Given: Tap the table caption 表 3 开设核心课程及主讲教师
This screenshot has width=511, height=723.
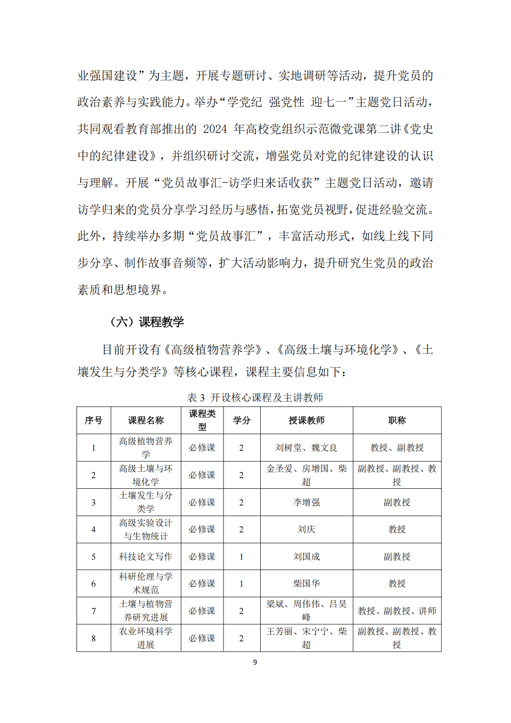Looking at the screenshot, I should [255, 397].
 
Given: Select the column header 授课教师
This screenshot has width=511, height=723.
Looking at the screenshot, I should [307, 420].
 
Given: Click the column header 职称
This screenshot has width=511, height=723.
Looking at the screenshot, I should [397, 420].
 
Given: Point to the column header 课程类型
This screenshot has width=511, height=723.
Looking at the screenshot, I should [202, 420].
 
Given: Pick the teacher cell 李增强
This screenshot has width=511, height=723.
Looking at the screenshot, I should [307, 502].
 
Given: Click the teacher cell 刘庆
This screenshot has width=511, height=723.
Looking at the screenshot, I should [307, 529].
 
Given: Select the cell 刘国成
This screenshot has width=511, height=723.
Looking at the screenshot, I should [307, 557].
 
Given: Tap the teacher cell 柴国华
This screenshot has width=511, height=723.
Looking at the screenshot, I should [307, 583].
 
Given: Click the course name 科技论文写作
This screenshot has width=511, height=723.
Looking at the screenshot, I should [146, 557].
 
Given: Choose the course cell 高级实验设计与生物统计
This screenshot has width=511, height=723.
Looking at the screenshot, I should [146, 529].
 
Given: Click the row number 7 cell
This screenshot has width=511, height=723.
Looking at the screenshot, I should [94, 611].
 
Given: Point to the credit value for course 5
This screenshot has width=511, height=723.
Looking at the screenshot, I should [241, 557].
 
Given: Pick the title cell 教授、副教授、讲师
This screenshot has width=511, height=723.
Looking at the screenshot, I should [397, 611].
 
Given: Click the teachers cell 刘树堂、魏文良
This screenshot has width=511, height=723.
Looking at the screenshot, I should [307, 448].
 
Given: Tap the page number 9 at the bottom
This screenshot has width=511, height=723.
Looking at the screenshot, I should [255, 662].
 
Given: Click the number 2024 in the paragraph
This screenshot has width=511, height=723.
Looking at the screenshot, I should [215, 129].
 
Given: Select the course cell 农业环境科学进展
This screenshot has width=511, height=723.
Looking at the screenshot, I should [146, 638].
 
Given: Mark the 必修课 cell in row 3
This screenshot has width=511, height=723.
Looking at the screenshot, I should [202, 502].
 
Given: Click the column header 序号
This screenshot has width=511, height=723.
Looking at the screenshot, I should [94, 420].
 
